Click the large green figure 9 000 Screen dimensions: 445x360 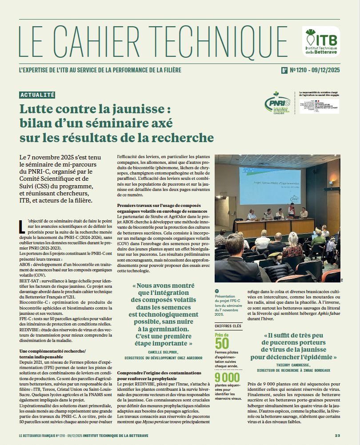tap(227, 378)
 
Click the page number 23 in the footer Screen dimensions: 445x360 tap(337, 436)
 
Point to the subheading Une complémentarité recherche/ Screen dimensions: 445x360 tap(53, 351)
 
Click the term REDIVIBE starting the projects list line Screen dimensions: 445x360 tap(30, 330)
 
